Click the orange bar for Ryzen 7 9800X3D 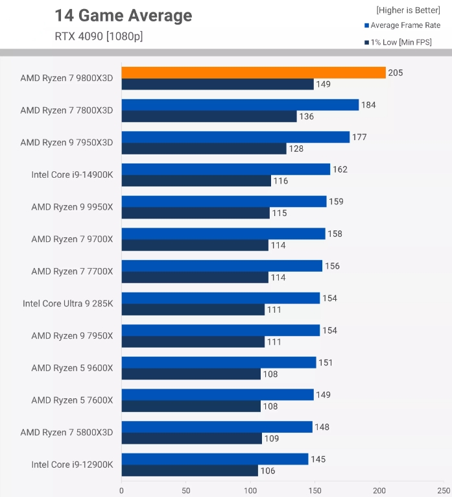[x=253, y=73]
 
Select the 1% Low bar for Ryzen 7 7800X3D [x=209, y=117]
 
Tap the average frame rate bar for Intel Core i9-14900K [x=226, y=169]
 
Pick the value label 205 [x=396, y=73]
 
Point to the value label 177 [x=359, y=137]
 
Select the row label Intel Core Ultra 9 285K [x=67, y=303]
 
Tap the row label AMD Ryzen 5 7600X [x=72, y=400]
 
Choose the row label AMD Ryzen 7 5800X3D [x=66, y=432]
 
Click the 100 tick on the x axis [x=250, y=491]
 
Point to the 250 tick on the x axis [x=444, y=491]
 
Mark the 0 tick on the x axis [x=121, y=491]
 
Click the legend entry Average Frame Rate [x=405, y=25]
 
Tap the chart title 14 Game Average [x=123, y=16]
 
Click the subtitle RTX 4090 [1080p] [x=99, y=36]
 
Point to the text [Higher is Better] [x=408, y=10]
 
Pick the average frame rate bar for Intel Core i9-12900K [x=215, y=459]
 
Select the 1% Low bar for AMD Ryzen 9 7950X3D [x=204, y=149]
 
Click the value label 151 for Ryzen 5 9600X [x=326, y=362]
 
